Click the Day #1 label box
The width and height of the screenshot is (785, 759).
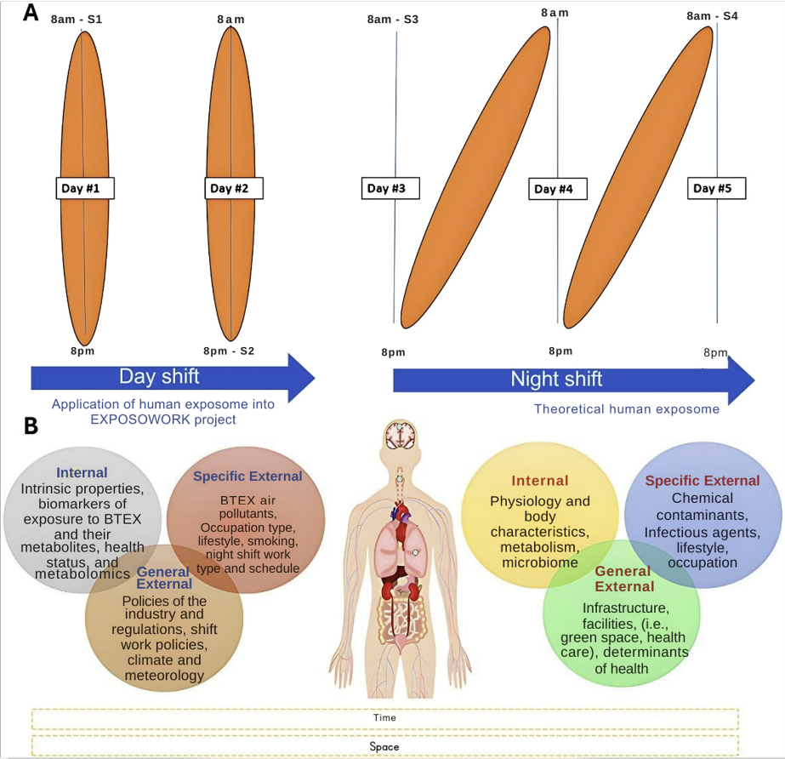pos(85,188)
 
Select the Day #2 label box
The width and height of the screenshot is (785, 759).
pos(234,188)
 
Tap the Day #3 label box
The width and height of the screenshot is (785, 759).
pos(391,188)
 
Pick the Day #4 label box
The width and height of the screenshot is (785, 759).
pos(558,189)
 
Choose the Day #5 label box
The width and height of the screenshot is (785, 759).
pos(717,188)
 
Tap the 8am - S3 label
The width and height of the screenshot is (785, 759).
pos(393,20)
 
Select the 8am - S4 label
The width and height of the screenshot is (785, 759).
pos(713,15)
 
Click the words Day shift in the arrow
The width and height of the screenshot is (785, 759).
pos(159,376)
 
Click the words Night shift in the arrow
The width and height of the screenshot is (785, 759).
pos(556,379)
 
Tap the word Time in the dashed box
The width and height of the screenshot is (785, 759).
pos(384,717)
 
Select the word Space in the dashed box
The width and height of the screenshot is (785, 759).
pos(384,746)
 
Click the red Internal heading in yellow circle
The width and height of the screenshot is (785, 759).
pos(540,482)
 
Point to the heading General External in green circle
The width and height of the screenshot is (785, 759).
pos(623,579)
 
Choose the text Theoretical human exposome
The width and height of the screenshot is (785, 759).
pos(627,409)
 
